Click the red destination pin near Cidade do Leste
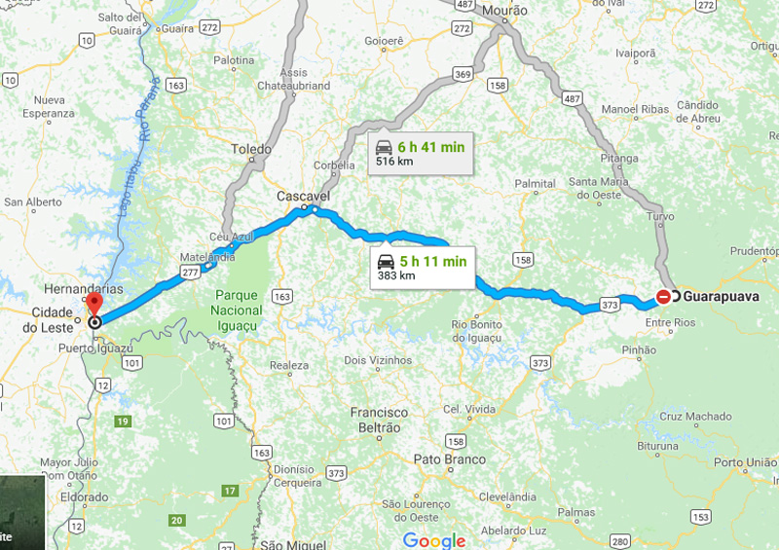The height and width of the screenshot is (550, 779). tap(93, 305)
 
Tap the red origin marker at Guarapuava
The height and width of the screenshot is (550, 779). tap(664, 296)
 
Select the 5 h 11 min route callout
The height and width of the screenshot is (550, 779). tap(422, 268)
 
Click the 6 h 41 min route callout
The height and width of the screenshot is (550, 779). tap(422, 153)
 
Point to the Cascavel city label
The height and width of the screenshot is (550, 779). tap(304, 196)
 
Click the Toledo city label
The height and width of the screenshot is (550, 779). tap(252, 149)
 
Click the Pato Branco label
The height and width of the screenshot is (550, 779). tap(449, 458)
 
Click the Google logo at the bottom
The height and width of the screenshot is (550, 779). tap(434, 540)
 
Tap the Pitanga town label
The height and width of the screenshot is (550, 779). tap(619, 156)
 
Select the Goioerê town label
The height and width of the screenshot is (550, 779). tap(384, 42)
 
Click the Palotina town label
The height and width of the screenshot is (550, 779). tap(234, 59)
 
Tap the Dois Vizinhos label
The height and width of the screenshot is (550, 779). tap(379, 359)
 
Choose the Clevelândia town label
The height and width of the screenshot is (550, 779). tap(508, 495)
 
